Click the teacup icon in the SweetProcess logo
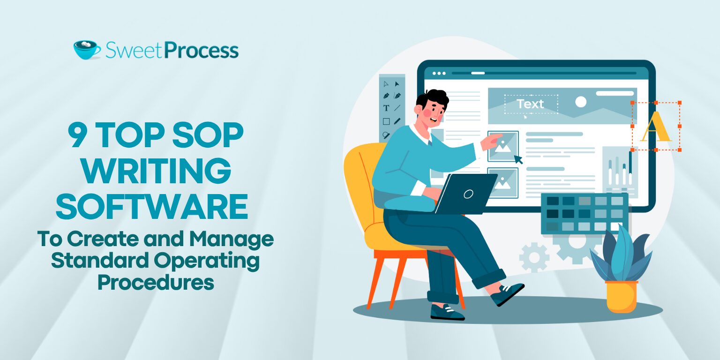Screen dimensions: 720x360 point(87,50)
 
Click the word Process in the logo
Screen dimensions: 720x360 point(202,51)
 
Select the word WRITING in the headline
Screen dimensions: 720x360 point(157,171)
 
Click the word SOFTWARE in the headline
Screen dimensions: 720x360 point(152,206)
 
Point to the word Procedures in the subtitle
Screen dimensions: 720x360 point(156,282)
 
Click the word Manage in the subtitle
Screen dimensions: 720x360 point(232,240)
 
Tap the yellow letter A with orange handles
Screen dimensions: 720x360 point(656,127)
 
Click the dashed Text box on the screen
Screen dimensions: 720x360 point(531,104)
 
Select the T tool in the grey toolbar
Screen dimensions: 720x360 point(386,108)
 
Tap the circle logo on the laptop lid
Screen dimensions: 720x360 point(468,194)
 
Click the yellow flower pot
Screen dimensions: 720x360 point(621,296)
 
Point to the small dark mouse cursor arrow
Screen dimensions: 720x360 point(518,159)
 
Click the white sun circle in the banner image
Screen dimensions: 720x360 point(580,102)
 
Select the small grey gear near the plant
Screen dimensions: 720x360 point(534,257)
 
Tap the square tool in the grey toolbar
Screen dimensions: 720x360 point(386,121)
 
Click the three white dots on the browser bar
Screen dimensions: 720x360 point(439,73)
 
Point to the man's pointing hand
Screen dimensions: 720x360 point(492,141)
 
